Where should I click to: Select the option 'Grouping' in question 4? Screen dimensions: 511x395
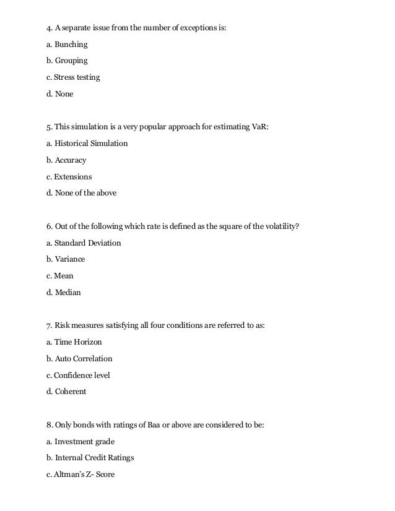(71, 61)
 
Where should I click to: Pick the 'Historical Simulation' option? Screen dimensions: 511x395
(91, 144)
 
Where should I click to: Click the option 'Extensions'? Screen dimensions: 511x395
(72, 177)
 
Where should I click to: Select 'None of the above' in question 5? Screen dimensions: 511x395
(85, 193)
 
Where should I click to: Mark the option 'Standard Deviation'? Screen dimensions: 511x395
(88, 243)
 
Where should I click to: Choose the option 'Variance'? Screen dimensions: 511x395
(70, 259)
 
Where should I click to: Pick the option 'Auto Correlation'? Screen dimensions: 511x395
(84, 359)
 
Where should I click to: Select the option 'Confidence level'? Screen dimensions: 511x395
(82, 375)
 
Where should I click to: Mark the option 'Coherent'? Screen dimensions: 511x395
(71, 392)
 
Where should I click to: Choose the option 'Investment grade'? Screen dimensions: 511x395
(85, 442)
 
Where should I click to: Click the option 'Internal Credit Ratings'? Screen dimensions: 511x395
(95, 458)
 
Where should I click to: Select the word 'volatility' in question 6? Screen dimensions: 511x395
(280, 226)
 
